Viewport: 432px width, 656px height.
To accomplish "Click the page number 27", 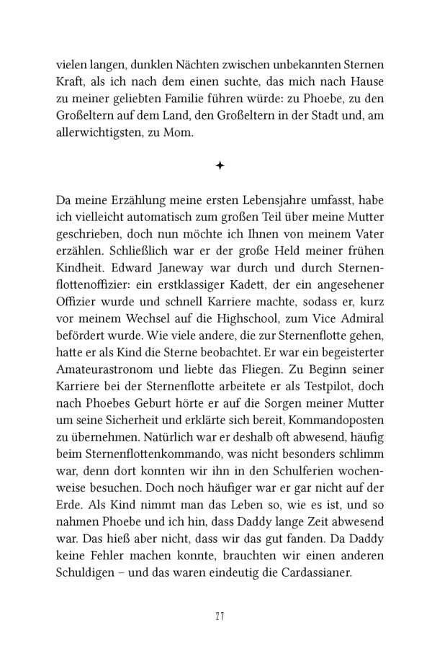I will pos(220,616).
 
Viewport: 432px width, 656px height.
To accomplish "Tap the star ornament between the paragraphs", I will pos(220,166).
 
